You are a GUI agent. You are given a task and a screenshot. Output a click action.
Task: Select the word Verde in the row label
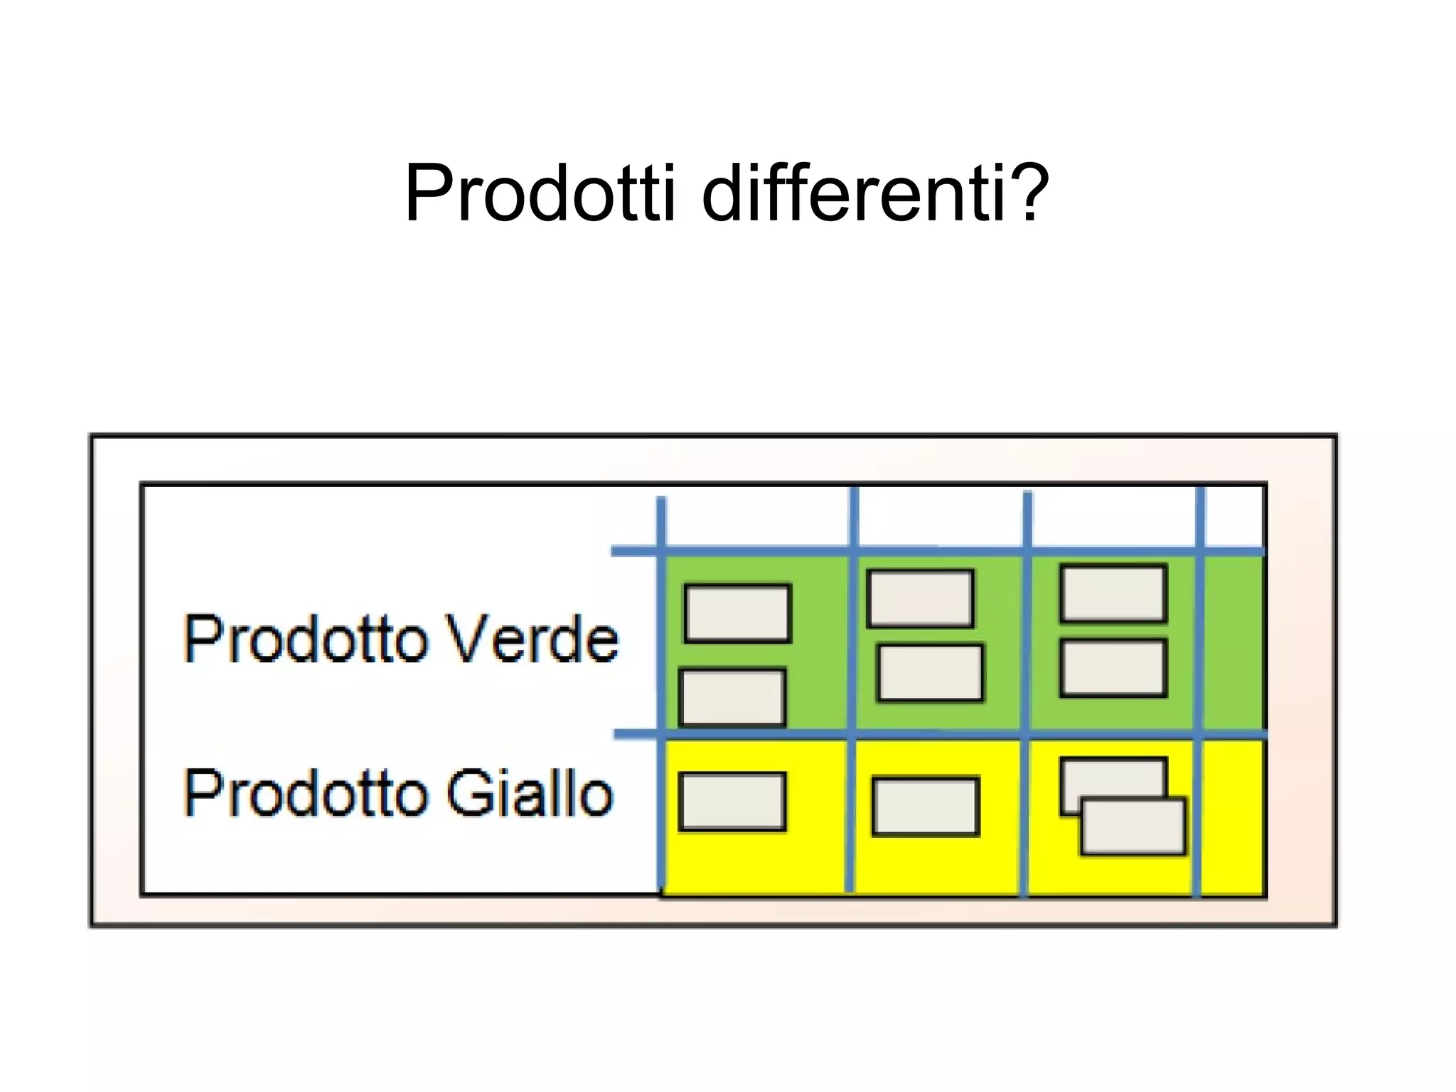(533, 638)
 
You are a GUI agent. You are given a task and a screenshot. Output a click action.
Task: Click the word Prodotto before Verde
(306, 638)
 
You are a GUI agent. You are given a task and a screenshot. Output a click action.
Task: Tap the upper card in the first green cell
(737, 613)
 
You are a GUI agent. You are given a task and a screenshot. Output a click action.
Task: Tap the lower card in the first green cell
(732, 697)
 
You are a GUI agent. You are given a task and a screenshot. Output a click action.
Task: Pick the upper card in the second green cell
(920, 598)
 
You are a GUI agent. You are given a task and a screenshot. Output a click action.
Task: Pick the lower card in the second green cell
(930, 673)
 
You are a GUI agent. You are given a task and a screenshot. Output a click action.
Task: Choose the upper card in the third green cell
(1113, 593)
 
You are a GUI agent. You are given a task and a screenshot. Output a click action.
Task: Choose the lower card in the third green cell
(1113, 668)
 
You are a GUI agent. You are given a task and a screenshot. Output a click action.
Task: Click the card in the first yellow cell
(732, 801)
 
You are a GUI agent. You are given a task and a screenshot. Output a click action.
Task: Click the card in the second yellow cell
(926, 806)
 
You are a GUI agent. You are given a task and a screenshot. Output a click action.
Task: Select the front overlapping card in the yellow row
(1133, 826)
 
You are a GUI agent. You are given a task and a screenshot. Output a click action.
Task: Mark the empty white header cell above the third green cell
(1113, 518)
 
